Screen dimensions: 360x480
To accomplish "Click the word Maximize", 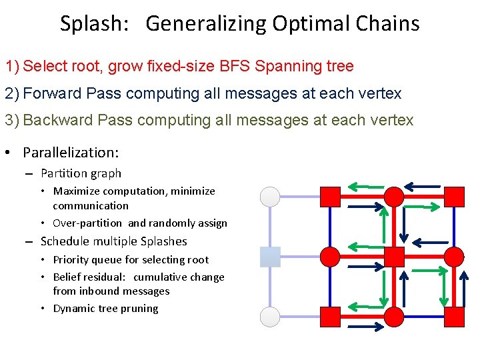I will point(77,191).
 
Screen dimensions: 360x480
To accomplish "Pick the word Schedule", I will point(66,241).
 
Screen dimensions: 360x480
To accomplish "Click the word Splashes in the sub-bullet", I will point(163,241).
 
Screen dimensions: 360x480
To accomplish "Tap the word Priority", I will point(73,260).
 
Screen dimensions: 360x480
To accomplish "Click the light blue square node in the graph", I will point(270,257).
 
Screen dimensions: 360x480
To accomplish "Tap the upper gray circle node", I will point(270,197).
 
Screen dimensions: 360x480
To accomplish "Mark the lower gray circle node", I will point(270,317).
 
